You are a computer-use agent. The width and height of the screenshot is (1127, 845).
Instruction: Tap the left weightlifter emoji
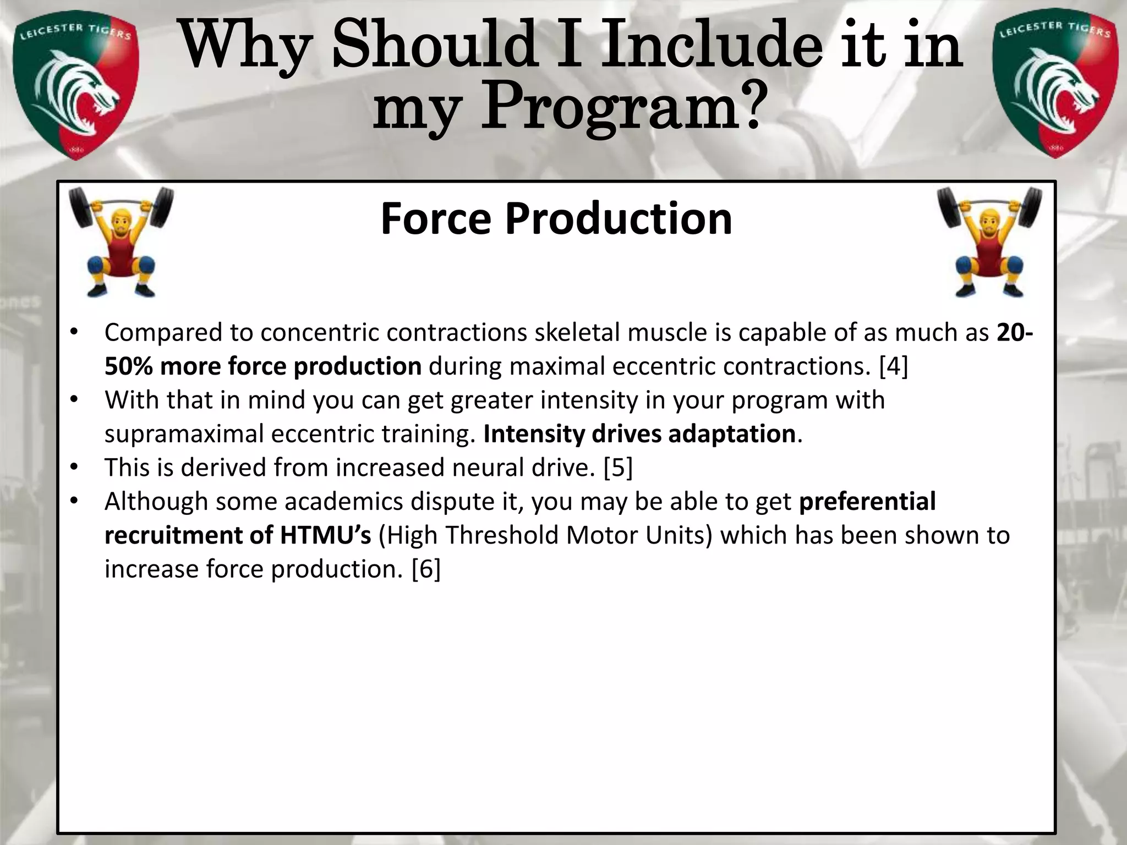click(122, 242)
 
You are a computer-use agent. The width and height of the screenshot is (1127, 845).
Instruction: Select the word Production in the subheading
click(619, 219)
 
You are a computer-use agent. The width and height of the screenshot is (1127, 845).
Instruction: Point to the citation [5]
click(618, 468)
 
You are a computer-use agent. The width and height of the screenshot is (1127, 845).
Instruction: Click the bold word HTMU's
click(326, 535)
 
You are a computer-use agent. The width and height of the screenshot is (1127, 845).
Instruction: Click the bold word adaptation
click(731, 434)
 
